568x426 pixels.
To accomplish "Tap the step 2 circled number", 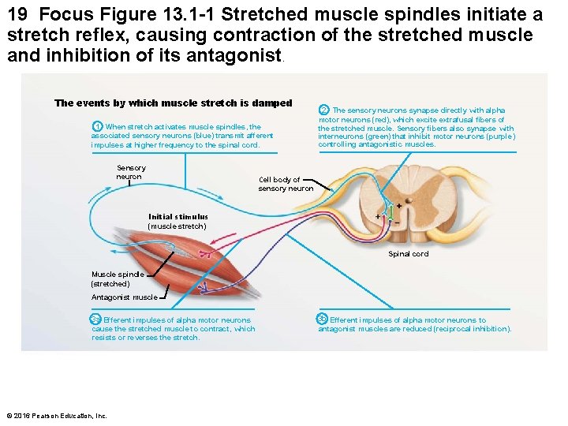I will coord(324,110).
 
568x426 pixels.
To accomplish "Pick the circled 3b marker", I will coord(323,319).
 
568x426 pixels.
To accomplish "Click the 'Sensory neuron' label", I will coord(130,172).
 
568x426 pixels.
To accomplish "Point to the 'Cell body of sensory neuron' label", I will coord(285,184).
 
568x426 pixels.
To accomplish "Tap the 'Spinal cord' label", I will coord(408,254).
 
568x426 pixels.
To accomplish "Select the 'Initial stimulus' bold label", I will coord(178,217).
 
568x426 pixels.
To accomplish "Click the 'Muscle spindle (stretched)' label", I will coord(112,278).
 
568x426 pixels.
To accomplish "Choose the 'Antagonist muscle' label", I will coord(124,297).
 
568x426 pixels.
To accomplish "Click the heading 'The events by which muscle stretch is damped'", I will coord(173,103).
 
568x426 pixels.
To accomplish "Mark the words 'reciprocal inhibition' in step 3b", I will coord(476,329).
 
